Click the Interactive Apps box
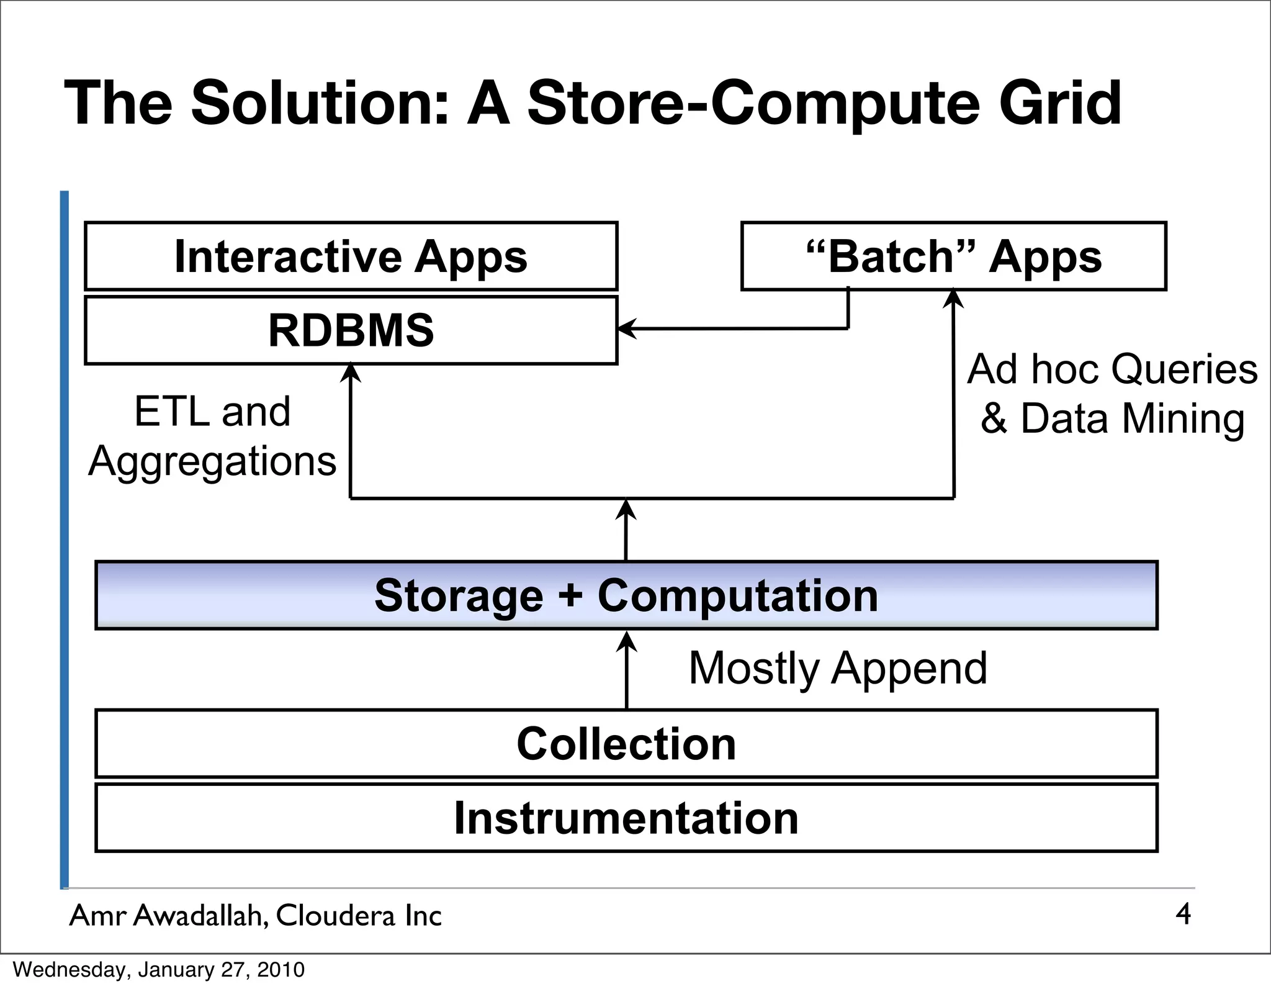point(351,256)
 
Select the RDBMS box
point(351,330)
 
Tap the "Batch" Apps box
point(953,256)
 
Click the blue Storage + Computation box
point(626,595)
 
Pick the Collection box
point(626,743)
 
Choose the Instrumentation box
point(626,818)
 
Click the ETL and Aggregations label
point(212,436)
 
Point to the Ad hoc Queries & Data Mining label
point(1112,394)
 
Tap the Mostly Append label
point(838,668)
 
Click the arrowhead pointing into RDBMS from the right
point(627,328)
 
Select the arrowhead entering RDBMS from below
point(351,373)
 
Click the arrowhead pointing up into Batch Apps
point(953,299)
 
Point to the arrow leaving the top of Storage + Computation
point(626,531)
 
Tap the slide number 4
point(1183,914)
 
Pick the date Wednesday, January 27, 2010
point(159,970)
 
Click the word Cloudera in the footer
point(335,915)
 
